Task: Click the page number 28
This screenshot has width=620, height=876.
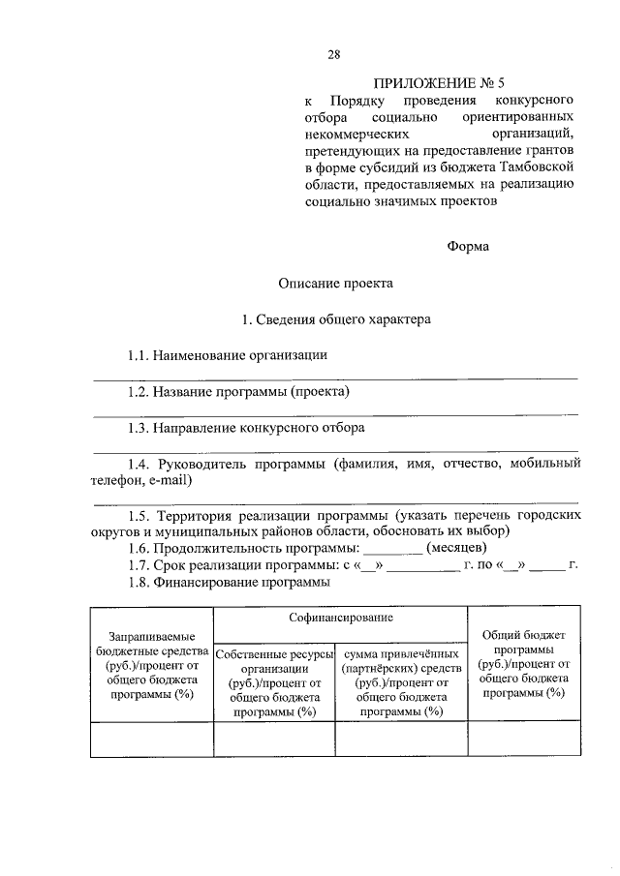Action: pos(333,54)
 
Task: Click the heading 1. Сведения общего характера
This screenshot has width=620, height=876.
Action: pos(336,318)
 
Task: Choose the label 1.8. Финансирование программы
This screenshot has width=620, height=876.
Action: pos(229,583)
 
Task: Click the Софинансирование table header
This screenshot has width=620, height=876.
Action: pos(340,617)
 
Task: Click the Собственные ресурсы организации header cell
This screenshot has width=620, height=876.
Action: pos(274,683)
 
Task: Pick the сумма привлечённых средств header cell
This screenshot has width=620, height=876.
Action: pos(401,683)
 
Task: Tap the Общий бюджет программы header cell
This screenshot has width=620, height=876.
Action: pos(523,664)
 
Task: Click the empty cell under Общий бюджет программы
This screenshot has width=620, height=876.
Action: pos(523,740)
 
